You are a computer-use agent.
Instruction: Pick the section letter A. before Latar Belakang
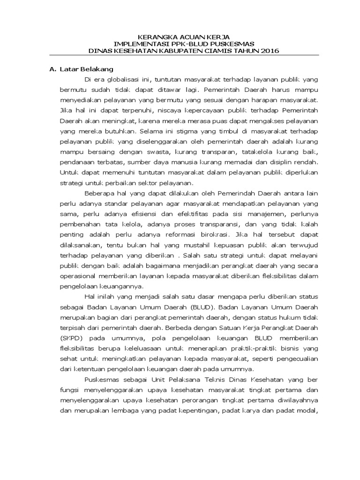point(52,69)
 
